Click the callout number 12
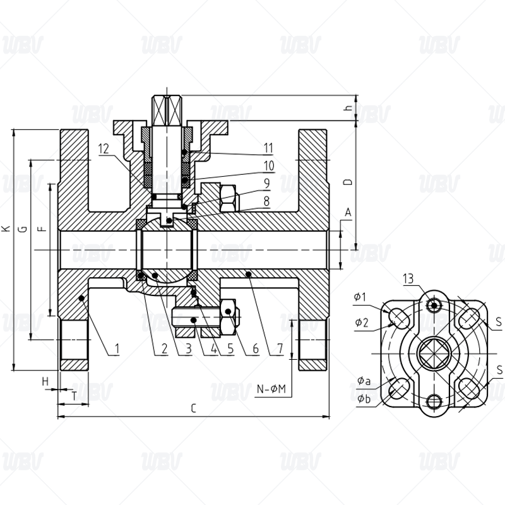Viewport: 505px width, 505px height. point(104,149)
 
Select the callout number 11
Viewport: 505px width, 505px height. point(269,148)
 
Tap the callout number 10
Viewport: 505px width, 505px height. point(269,166)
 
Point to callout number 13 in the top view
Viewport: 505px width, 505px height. point(408,278)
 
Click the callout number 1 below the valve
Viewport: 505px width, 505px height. point(117,348)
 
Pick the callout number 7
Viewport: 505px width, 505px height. point(280,348)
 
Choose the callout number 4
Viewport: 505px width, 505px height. point(213,348)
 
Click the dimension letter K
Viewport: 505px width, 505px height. point(6,229)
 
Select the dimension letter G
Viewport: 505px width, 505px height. point(23,229)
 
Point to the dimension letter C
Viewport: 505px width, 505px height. point(193,408)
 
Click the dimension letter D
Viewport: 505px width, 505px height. point(348,182)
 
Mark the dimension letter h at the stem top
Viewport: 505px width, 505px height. point(348,108)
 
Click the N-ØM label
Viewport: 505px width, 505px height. point(271,389)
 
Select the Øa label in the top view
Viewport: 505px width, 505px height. point(364,381)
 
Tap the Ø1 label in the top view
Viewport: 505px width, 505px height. point(360,297)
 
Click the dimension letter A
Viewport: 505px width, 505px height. point(348,213)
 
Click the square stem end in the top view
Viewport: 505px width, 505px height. point(434,353)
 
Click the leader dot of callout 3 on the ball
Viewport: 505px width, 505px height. point(155,275)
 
